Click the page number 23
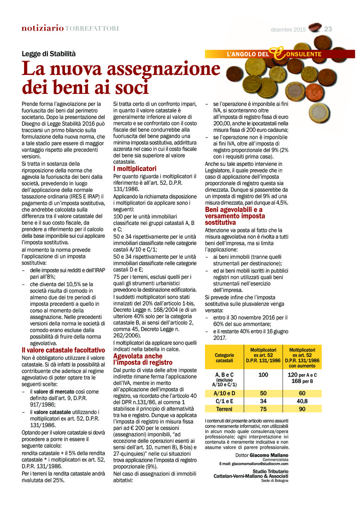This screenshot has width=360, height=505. [328, 29]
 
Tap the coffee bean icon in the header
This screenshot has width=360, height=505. [314, 28]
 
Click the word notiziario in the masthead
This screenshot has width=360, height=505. [43, 28]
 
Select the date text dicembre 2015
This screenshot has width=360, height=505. [288, 29]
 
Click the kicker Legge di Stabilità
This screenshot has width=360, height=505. [49, 54]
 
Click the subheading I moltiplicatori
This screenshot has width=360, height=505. [135, 169]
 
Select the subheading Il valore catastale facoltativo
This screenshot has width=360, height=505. [63, 350]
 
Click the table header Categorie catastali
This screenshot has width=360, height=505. [224, 358]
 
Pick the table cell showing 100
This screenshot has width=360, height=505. [264, 375]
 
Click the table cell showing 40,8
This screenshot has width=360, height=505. [302, 401]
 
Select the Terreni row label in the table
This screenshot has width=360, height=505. [224, 409]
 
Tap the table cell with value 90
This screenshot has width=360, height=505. [302, 409]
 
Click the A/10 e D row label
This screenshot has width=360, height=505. [224, 393]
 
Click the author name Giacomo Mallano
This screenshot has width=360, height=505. [269, 455]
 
